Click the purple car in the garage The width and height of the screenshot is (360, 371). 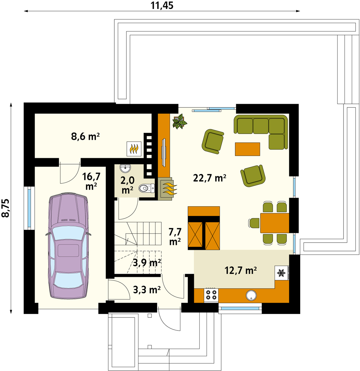coord(68,245)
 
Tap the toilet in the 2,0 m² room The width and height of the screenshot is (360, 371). coord(147,188)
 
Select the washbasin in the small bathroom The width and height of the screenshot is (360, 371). coord(125,168)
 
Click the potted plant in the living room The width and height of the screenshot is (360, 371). coord(180,122)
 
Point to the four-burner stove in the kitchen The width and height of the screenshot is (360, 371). coord(211,295)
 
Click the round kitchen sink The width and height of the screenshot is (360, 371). coord(251,295)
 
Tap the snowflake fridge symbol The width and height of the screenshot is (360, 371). coord(281,273)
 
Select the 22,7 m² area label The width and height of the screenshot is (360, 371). coord(210,178)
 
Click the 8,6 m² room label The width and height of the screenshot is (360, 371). coord(86,136)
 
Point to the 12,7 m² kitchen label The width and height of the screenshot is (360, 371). coord(240,270)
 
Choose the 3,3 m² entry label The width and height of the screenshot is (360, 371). coord(147,289)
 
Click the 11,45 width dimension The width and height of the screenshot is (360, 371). coord(162,5)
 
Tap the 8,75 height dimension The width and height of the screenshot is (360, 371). coord(6,208)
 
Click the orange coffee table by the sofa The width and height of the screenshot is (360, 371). coord(247,149)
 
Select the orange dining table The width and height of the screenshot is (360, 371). coord(274,223)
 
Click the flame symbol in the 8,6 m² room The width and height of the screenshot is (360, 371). coord(134,149)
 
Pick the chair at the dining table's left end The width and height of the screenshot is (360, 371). coord(254,223)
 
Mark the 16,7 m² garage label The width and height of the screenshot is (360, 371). coord(91,181)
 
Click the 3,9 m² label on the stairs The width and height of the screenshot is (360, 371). coord(147,263)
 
